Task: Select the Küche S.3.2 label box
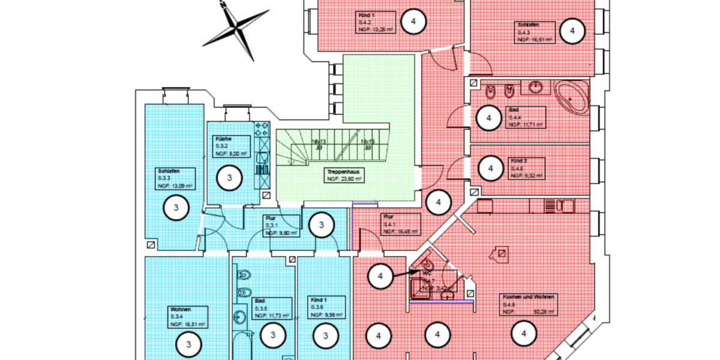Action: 229,146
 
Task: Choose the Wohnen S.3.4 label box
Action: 187,316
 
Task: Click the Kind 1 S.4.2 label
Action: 375,22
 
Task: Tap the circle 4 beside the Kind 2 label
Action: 491,169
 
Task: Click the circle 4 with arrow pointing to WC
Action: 380,277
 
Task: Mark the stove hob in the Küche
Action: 262,129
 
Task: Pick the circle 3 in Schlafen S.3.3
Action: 176,208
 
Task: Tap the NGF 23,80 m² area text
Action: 344,179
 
